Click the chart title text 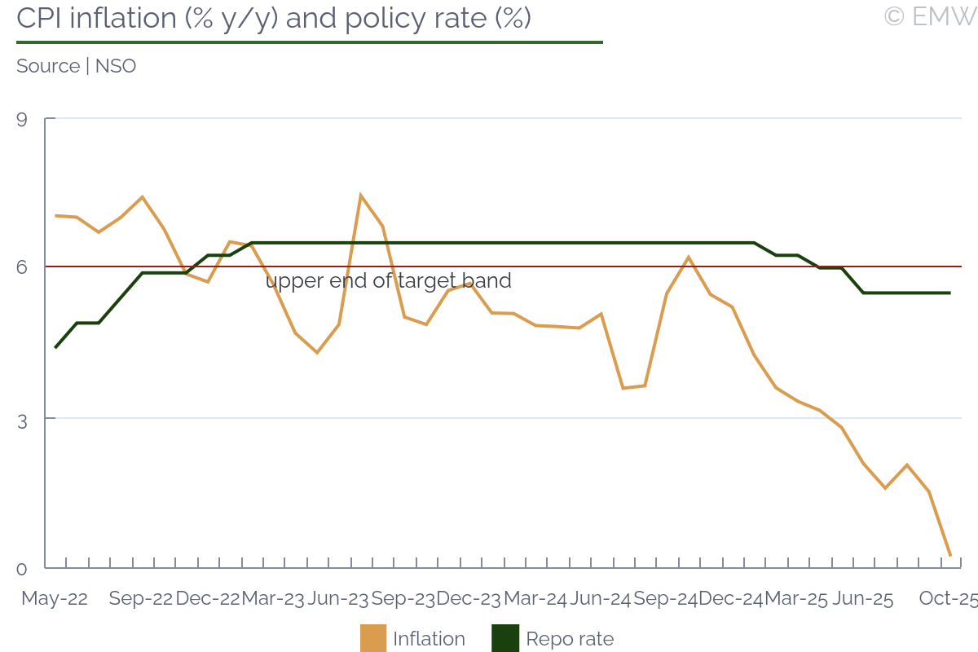pos(274,18)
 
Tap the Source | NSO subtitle pos(76,66)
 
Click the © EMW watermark pos(930,16)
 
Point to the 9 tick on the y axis pos(22,120)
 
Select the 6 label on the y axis pos(22,267)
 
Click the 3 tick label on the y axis pos(22,419)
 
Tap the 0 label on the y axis pos(22,569)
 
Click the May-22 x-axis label pos(55,598)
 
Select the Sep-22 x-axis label pos(141,598)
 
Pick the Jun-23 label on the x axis pos(337,598)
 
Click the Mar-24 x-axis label pos(535,598)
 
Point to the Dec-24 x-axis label pos(731,598)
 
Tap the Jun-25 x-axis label pos(861,598)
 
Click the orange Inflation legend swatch pos(373,638)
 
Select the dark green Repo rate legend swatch pos(505,638)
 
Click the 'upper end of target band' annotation pos(388,281)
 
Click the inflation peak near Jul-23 pos(360,196)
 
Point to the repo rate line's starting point pos(55,348)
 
